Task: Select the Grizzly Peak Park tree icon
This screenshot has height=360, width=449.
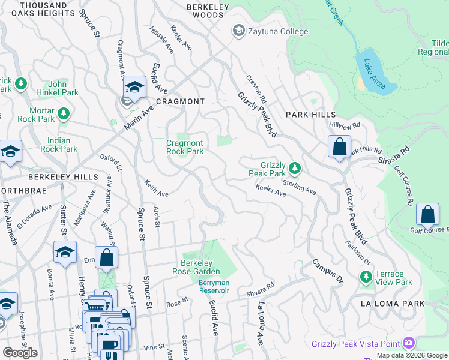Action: (294, 166)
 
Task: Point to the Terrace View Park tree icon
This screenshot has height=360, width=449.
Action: (365, 277)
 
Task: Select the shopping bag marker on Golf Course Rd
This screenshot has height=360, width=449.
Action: (427, 215)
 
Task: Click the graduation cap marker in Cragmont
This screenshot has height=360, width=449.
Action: (135, 88)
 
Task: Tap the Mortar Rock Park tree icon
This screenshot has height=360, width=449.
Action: (62, 112)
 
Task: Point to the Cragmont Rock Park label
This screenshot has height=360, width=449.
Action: (185, 147)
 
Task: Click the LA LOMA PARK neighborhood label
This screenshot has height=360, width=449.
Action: (393, 304)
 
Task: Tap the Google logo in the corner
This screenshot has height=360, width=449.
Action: (20, 353)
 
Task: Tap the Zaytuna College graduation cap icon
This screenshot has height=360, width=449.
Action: (238, 31)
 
